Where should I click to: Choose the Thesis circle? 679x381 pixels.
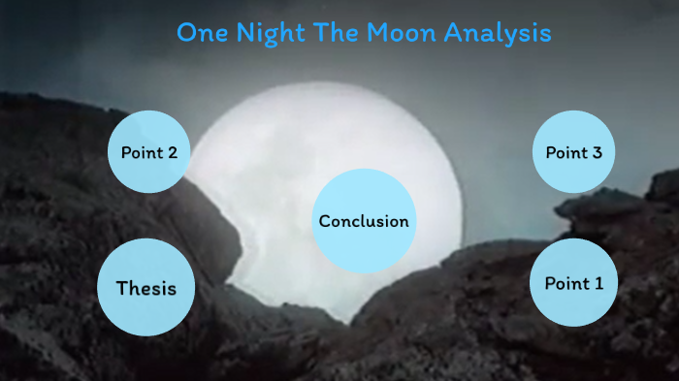[x=146, y=287]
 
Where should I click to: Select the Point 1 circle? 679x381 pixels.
[x=574, y=282]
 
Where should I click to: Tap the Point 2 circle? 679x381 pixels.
[x=148, y=151]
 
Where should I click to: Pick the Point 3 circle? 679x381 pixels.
[x=574, y=151]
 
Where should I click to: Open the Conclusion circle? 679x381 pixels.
[x=364, y=221]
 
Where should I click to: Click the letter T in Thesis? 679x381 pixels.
[x=122, y=288]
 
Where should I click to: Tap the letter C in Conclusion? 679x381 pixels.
[x=325, y=221]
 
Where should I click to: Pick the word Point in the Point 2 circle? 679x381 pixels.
[x=140, y=152]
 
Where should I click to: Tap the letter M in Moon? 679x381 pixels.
[x=376, y=32]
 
